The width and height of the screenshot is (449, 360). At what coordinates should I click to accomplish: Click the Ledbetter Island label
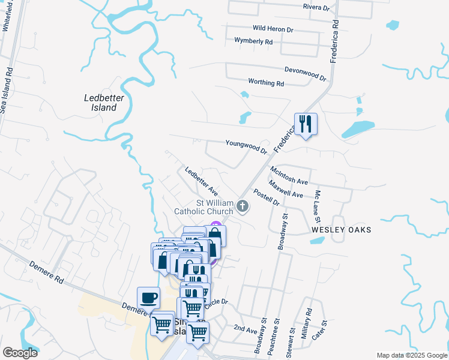(100, 102)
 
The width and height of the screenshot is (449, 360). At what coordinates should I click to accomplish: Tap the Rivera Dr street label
(316, 8)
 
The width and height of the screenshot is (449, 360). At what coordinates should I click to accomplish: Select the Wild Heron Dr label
(273, 29)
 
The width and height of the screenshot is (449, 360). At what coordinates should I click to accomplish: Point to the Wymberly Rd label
(253, 41)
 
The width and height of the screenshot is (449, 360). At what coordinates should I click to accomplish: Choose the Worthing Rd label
(265, 82)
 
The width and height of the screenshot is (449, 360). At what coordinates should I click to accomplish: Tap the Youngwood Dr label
(246, 145)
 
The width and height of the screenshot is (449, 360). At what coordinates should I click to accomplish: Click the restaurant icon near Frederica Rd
(306, 124)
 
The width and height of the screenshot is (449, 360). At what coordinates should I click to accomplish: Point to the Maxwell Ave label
(286, 190)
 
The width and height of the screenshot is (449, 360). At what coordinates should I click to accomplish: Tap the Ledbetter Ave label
(201, 180)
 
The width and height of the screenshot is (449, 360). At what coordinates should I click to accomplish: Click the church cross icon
(243, 207)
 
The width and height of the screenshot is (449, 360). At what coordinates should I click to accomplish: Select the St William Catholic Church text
(203, 207)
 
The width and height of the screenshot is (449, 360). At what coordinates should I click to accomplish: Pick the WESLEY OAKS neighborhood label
(341, 230)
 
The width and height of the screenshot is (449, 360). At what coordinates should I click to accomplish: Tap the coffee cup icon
(148, 297)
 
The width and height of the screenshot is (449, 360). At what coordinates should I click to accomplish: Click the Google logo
(20, 353)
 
